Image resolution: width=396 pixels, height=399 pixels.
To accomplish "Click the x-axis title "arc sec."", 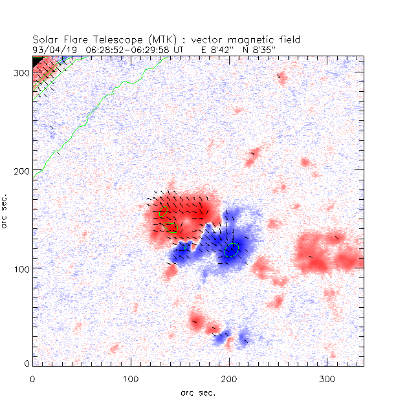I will [197, 392].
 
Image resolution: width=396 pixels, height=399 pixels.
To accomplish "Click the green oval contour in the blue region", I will [232, 250].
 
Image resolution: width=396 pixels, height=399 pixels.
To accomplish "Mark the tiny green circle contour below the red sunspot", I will [186, 247].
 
